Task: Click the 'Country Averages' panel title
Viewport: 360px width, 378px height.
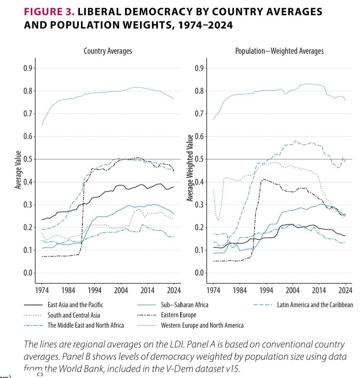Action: [x=108, y=51]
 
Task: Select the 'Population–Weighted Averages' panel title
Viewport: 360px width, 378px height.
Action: [x=279, y=51]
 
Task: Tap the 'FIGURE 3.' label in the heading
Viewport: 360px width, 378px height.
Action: [x=49, y=12]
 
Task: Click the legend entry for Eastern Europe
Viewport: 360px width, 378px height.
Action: [x=179, y=315]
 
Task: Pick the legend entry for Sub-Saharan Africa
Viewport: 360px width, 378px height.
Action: [x=184, y=305]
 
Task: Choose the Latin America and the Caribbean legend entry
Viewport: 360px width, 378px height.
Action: [x=315, y=305]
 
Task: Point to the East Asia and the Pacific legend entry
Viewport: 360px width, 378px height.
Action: [x=75, y=305]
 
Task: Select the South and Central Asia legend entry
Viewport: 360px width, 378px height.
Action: [x=74, y=315]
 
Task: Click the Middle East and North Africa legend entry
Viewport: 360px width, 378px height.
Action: [x=86, y=325]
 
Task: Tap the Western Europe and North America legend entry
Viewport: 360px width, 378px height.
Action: [x=202, y=325]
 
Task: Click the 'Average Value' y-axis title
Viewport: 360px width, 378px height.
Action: [x=17, y=170]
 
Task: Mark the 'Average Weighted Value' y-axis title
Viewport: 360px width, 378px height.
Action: [x=190, y=168]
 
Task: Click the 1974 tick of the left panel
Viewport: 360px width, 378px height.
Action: [x=42, y=290]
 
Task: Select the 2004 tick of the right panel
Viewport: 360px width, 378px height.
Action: [x=293, y=290]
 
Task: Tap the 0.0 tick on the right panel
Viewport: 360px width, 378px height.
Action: [x=199, y=273]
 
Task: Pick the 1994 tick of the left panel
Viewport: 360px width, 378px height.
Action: [x=94, y=290]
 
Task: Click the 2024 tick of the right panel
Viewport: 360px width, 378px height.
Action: [x=346, y=290]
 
